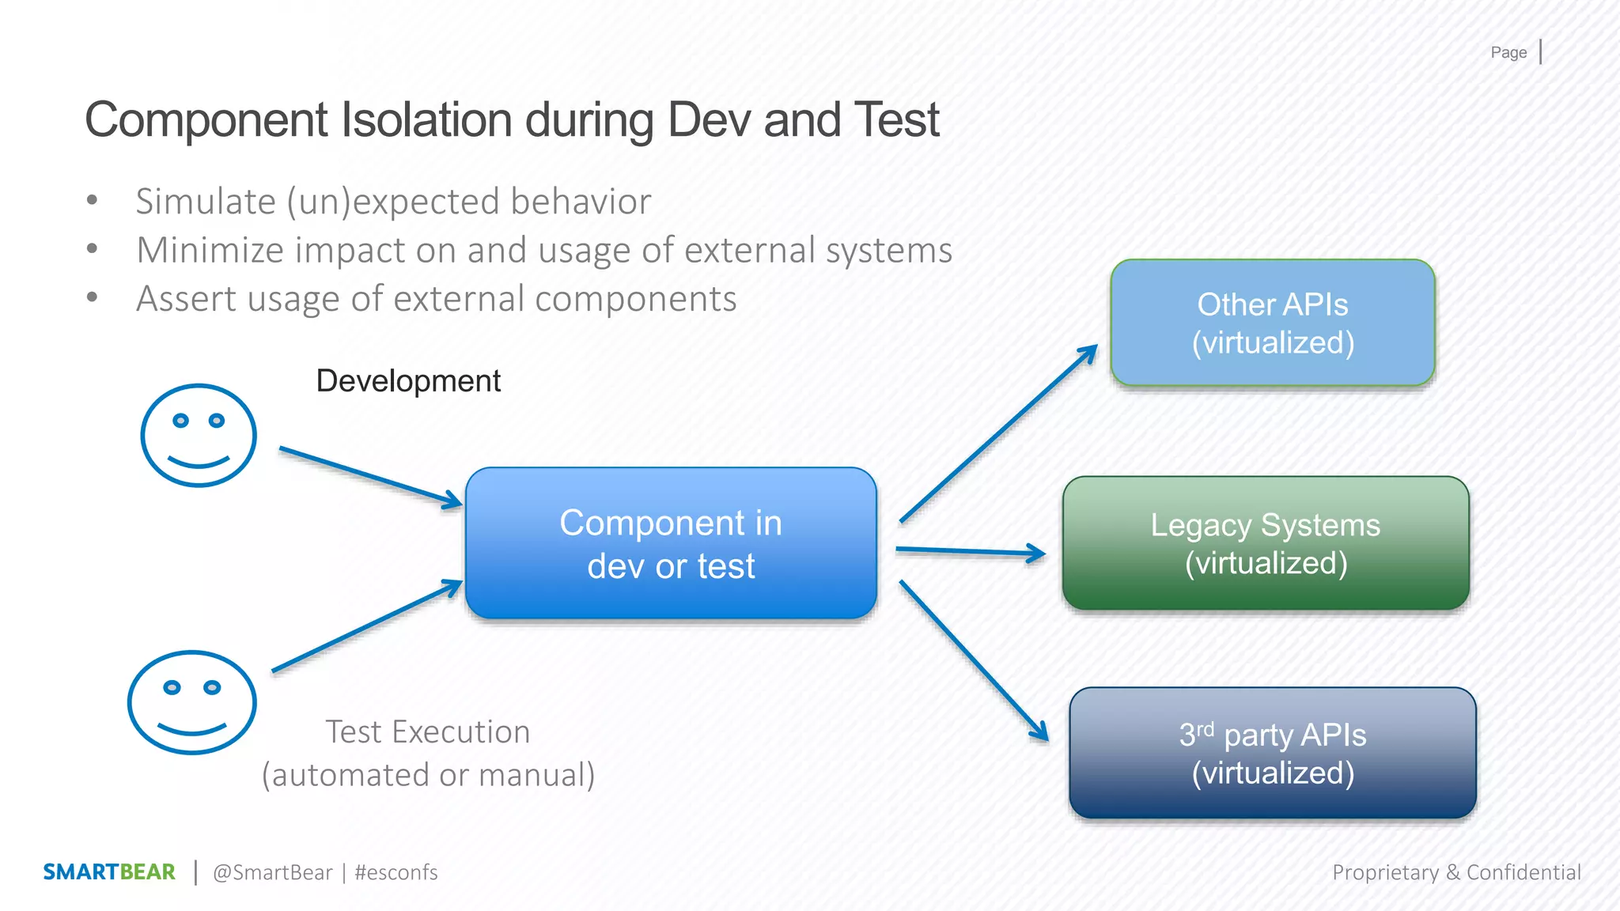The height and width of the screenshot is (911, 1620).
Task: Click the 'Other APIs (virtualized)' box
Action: (x=1272, y=323)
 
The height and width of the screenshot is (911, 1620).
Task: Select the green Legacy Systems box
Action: (x=1266, y=543)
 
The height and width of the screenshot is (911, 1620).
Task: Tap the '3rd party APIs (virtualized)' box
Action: (x=1272, y=753)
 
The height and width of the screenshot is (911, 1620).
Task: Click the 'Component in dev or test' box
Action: (x=671, y=543)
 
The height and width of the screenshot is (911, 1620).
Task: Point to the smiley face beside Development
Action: (x=199, y=435)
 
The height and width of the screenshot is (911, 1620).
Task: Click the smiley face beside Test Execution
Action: (x=192, y=702)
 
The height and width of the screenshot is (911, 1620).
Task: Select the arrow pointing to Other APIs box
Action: (x=998, y=433)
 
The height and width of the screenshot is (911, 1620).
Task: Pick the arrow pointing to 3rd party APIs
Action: (x=974, y=661)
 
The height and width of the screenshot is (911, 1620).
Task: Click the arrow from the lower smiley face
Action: (x=367, y=626)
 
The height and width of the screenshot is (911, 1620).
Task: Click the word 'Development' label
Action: (x=408, y=381)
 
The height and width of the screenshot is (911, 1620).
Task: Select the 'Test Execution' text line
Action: (x=428, y=732)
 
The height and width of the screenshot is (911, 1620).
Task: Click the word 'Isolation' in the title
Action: (x=426, y=120)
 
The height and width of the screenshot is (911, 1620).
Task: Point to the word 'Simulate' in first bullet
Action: (x=206, y=202)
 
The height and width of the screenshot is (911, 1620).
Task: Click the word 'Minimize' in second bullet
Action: (x=210, y=251)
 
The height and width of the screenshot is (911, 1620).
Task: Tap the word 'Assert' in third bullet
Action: (x=187, y=300)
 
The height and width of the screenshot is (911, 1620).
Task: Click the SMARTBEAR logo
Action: (x=109, y=871)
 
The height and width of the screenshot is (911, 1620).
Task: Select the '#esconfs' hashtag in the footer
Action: (x=396, y=872)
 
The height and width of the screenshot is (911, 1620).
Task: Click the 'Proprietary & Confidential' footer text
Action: (x=1456, y=872)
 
